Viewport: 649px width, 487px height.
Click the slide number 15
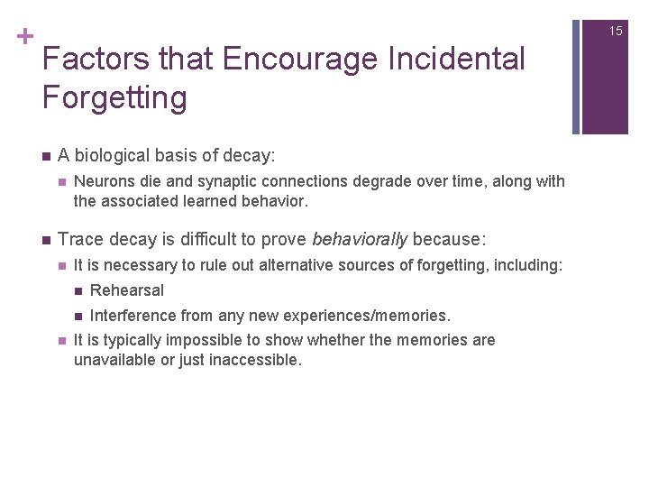pyautogui.click(x=616, y=31)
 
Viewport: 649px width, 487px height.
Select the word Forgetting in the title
pyautogui.click(x=114, y=97)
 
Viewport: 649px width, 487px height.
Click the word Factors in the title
pyautogui.click(x=95, y=60)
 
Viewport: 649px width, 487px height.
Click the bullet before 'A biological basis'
pyautogui.click(x=44, y=156)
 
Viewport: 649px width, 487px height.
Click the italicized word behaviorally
pyautogui.click(x=359, y=239)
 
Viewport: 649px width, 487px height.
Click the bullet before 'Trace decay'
pyautogui.click(x=44, y=239)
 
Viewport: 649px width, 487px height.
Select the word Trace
pyautogui.click(x=78, y=239)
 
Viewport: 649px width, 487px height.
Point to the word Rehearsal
pyautogui.click(x=127, y=290)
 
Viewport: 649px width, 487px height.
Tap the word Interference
pyautogui.click(x=132, y=316)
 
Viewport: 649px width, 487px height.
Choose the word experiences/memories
pyautogui.click(x=369, y=316)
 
